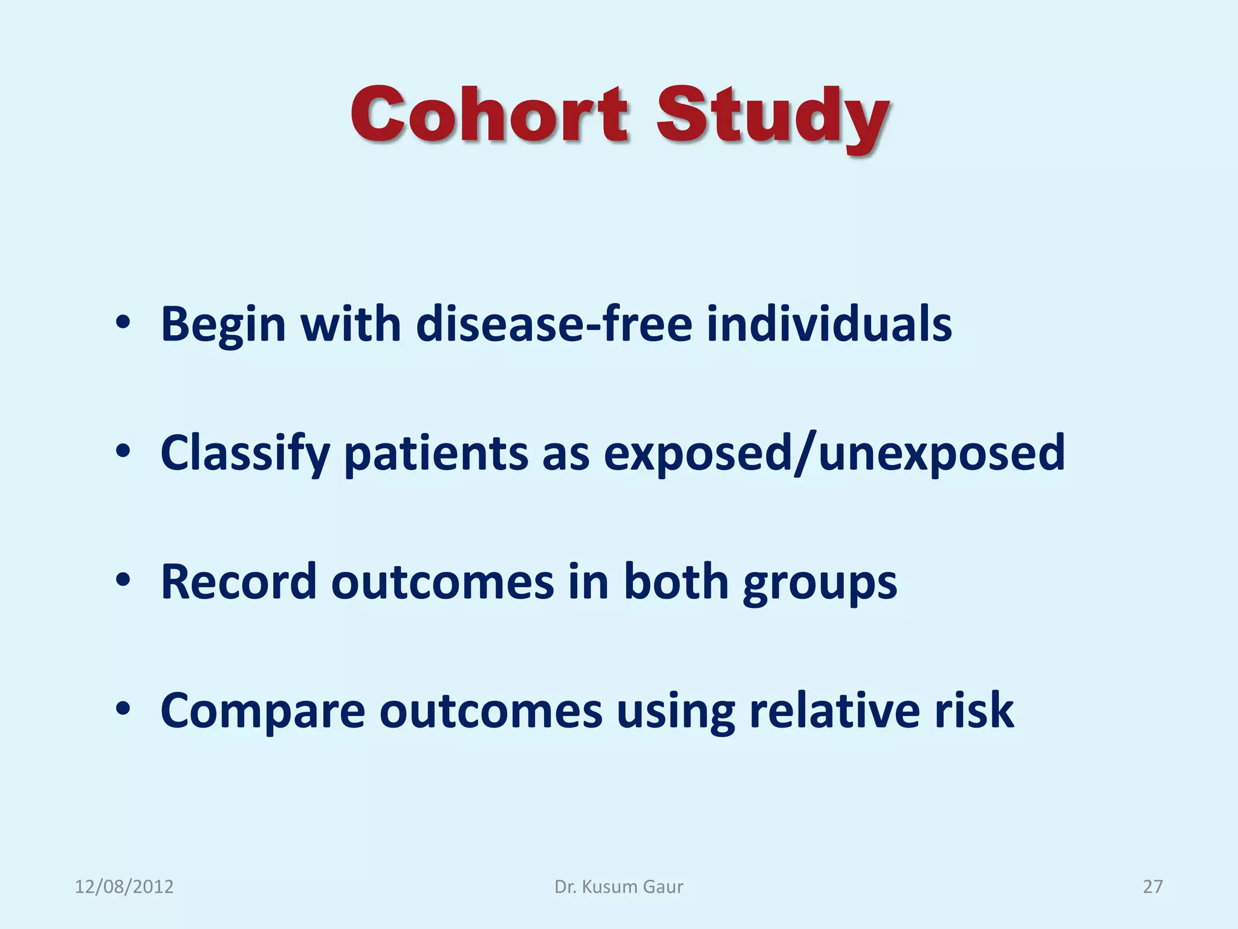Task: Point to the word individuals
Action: [x=829, y=325]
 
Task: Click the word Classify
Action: [x=245, y=454]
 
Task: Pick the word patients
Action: [x=436, y=454]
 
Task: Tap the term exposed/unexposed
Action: [x=834, y=454]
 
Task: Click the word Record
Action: [x=238, y=582]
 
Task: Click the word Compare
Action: [x=262, y=711]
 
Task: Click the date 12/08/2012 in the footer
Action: [x=124, y=887]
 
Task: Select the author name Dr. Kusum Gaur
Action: [x=619, y=887]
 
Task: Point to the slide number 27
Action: [x=1152, y=887]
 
